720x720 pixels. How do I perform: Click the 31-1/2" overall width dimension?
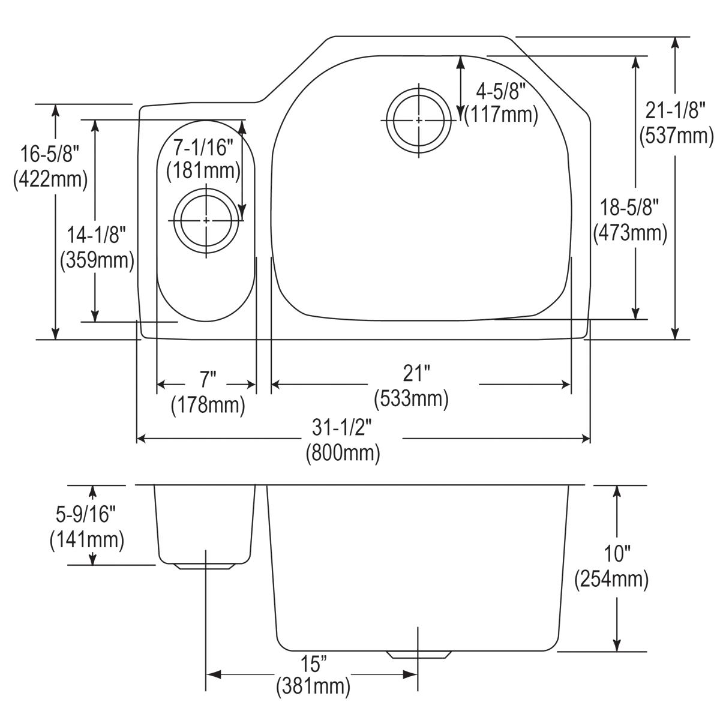(343, 428)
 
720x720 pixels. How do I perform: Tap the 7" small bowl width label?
(208, 380)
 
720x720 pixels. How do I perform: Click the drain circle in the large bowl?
(418, 121)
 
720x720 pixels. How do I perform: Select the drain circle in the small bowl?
(206, 221)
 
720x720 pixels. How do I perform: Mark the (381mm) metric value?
(313, 686)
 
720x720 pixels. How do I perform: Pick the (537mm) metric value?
(676, 136)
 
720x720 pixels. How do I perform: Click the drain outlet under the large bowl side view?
(419, 655)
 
